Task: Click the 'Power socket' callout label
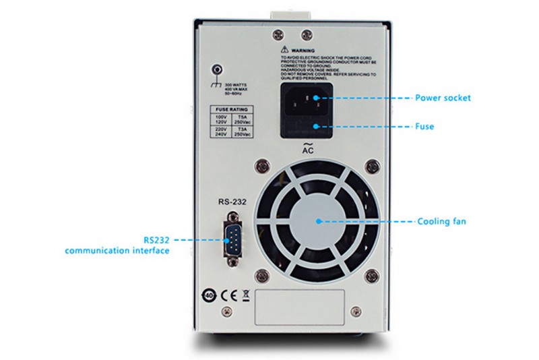click(443, 98)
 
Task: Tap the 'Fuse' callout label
click(425, 126)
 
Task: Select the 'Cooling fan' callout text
click(441, 221)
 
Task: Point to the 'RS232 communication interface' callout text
click(117, 245)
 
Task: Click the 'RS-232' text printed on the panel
click(231, 201)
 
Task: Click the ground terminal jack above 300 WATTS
click(217, 69)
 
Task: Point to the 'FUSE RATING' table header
click(231, 109)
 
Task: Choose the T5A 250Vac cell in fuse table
click(243, 119)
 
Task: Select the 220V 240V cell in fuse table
click(220, 133)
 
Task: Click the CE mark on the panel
click(228, 294)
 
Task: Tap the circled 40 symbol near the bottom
click(210, 295)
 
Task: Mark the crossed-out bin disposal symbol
click(245, 294)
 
